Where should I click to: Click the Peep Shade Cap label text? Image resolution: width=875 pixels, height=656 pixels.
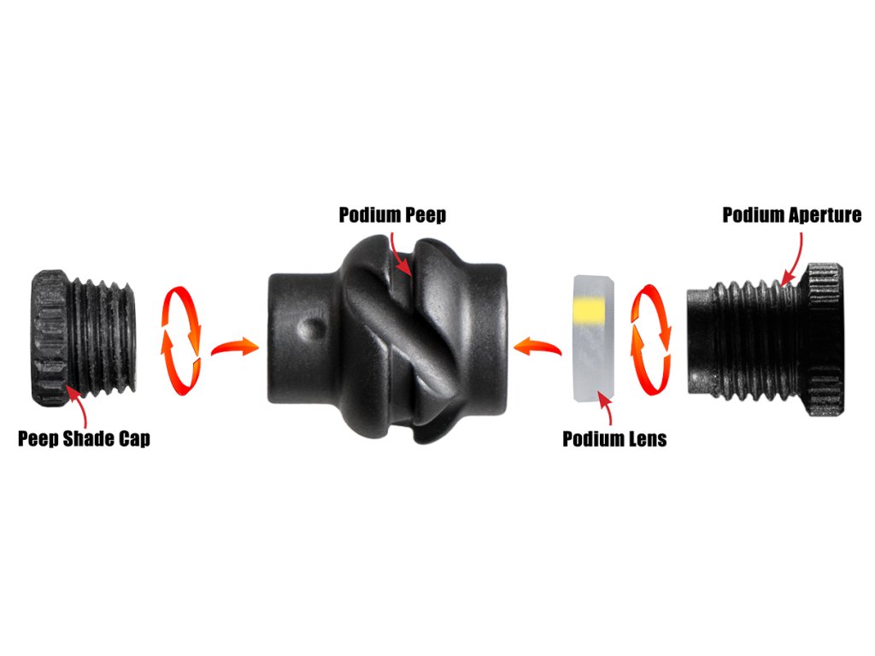[84, 439]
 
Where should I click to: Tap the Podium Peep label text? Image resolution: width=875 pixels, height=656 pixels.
[392, 214]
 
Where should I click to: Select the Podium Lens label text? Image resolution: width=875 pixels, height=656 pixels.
[614, 439]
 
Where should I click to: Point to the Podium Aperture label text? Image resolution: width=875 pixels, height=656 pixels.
[792, 214]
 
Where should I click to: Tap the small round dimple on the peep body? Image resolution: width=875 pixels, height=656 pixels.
[314, 329]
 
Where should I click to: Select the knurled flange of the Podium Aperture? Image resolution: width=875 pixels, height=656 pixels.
[823, 338]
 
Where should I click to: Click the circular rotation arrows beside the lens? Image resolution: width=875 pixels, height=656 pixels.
[651, 339]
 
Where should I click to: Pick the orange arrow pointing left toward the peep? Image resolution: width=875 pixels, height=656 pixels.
[537, 346]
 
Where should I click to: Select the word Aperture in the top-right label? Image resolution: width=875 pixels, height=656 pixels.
[821, 214]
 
